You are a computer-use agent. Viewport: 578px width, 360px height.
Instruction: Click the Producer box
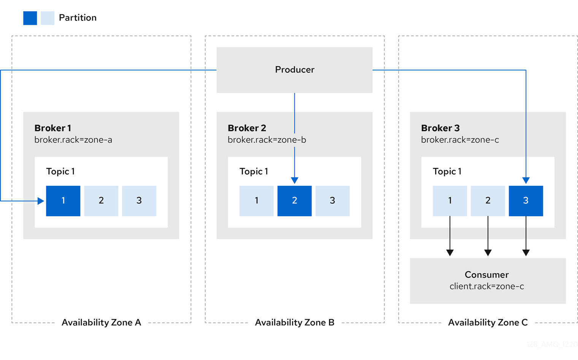(294, 70)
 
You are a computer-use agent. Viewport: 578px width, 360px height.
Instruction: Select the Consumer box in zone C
(487, 280)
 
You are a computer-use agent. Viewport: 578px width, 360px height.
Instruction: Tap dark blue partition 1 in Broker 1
(63, 201)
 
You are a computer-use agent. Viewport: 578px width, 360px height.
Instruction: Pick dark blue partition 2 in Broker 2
(294, 201)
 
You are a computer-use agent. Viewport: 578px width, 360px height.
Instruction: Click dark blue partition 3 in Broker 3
(526, 201)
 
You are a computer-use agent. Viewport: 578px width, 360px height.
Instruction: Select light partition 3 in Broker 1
(139, 201)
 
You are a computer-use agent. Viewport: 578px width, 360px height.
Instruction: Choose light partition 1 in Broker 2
(256, 201)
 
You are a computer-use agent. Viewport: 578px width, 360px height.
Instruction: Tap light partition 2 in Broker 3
(487, 201)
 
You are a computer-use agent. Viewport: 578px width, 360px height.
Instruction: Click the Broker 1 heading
(52, 128)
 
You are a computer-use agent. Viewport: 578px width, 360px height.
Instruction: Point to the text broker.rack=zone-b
(267, 140)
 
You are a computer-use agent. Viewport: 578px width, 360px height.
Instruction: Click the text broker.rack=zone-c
(460, 140)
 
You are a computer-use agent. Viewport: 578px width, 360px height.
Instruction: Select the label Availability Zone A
(101, 322)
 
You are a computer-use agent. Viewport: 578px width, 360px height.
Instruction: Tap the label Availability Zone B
(294, 322)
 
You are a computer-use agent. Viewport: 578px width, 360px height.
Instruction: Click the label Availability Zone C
(487, 322)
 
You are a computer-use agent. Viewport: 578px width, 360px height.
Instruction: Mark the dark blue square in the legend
(30, 18)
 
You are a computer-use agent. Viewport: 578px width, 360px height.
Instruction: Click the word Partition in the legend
(78, 18)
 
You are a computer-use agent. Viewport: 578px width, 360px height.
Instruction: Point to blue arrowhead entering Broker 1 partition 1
(41, 201)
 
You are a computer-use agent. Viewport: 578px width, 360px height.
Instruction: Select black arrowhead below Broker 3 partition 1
(450, 253)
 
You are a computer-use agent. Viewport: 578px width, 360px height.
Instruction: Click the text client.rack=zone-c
(487, 286)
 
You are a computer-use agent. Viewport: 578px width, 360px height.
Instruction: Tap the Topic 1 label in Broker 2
(254, 171)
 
